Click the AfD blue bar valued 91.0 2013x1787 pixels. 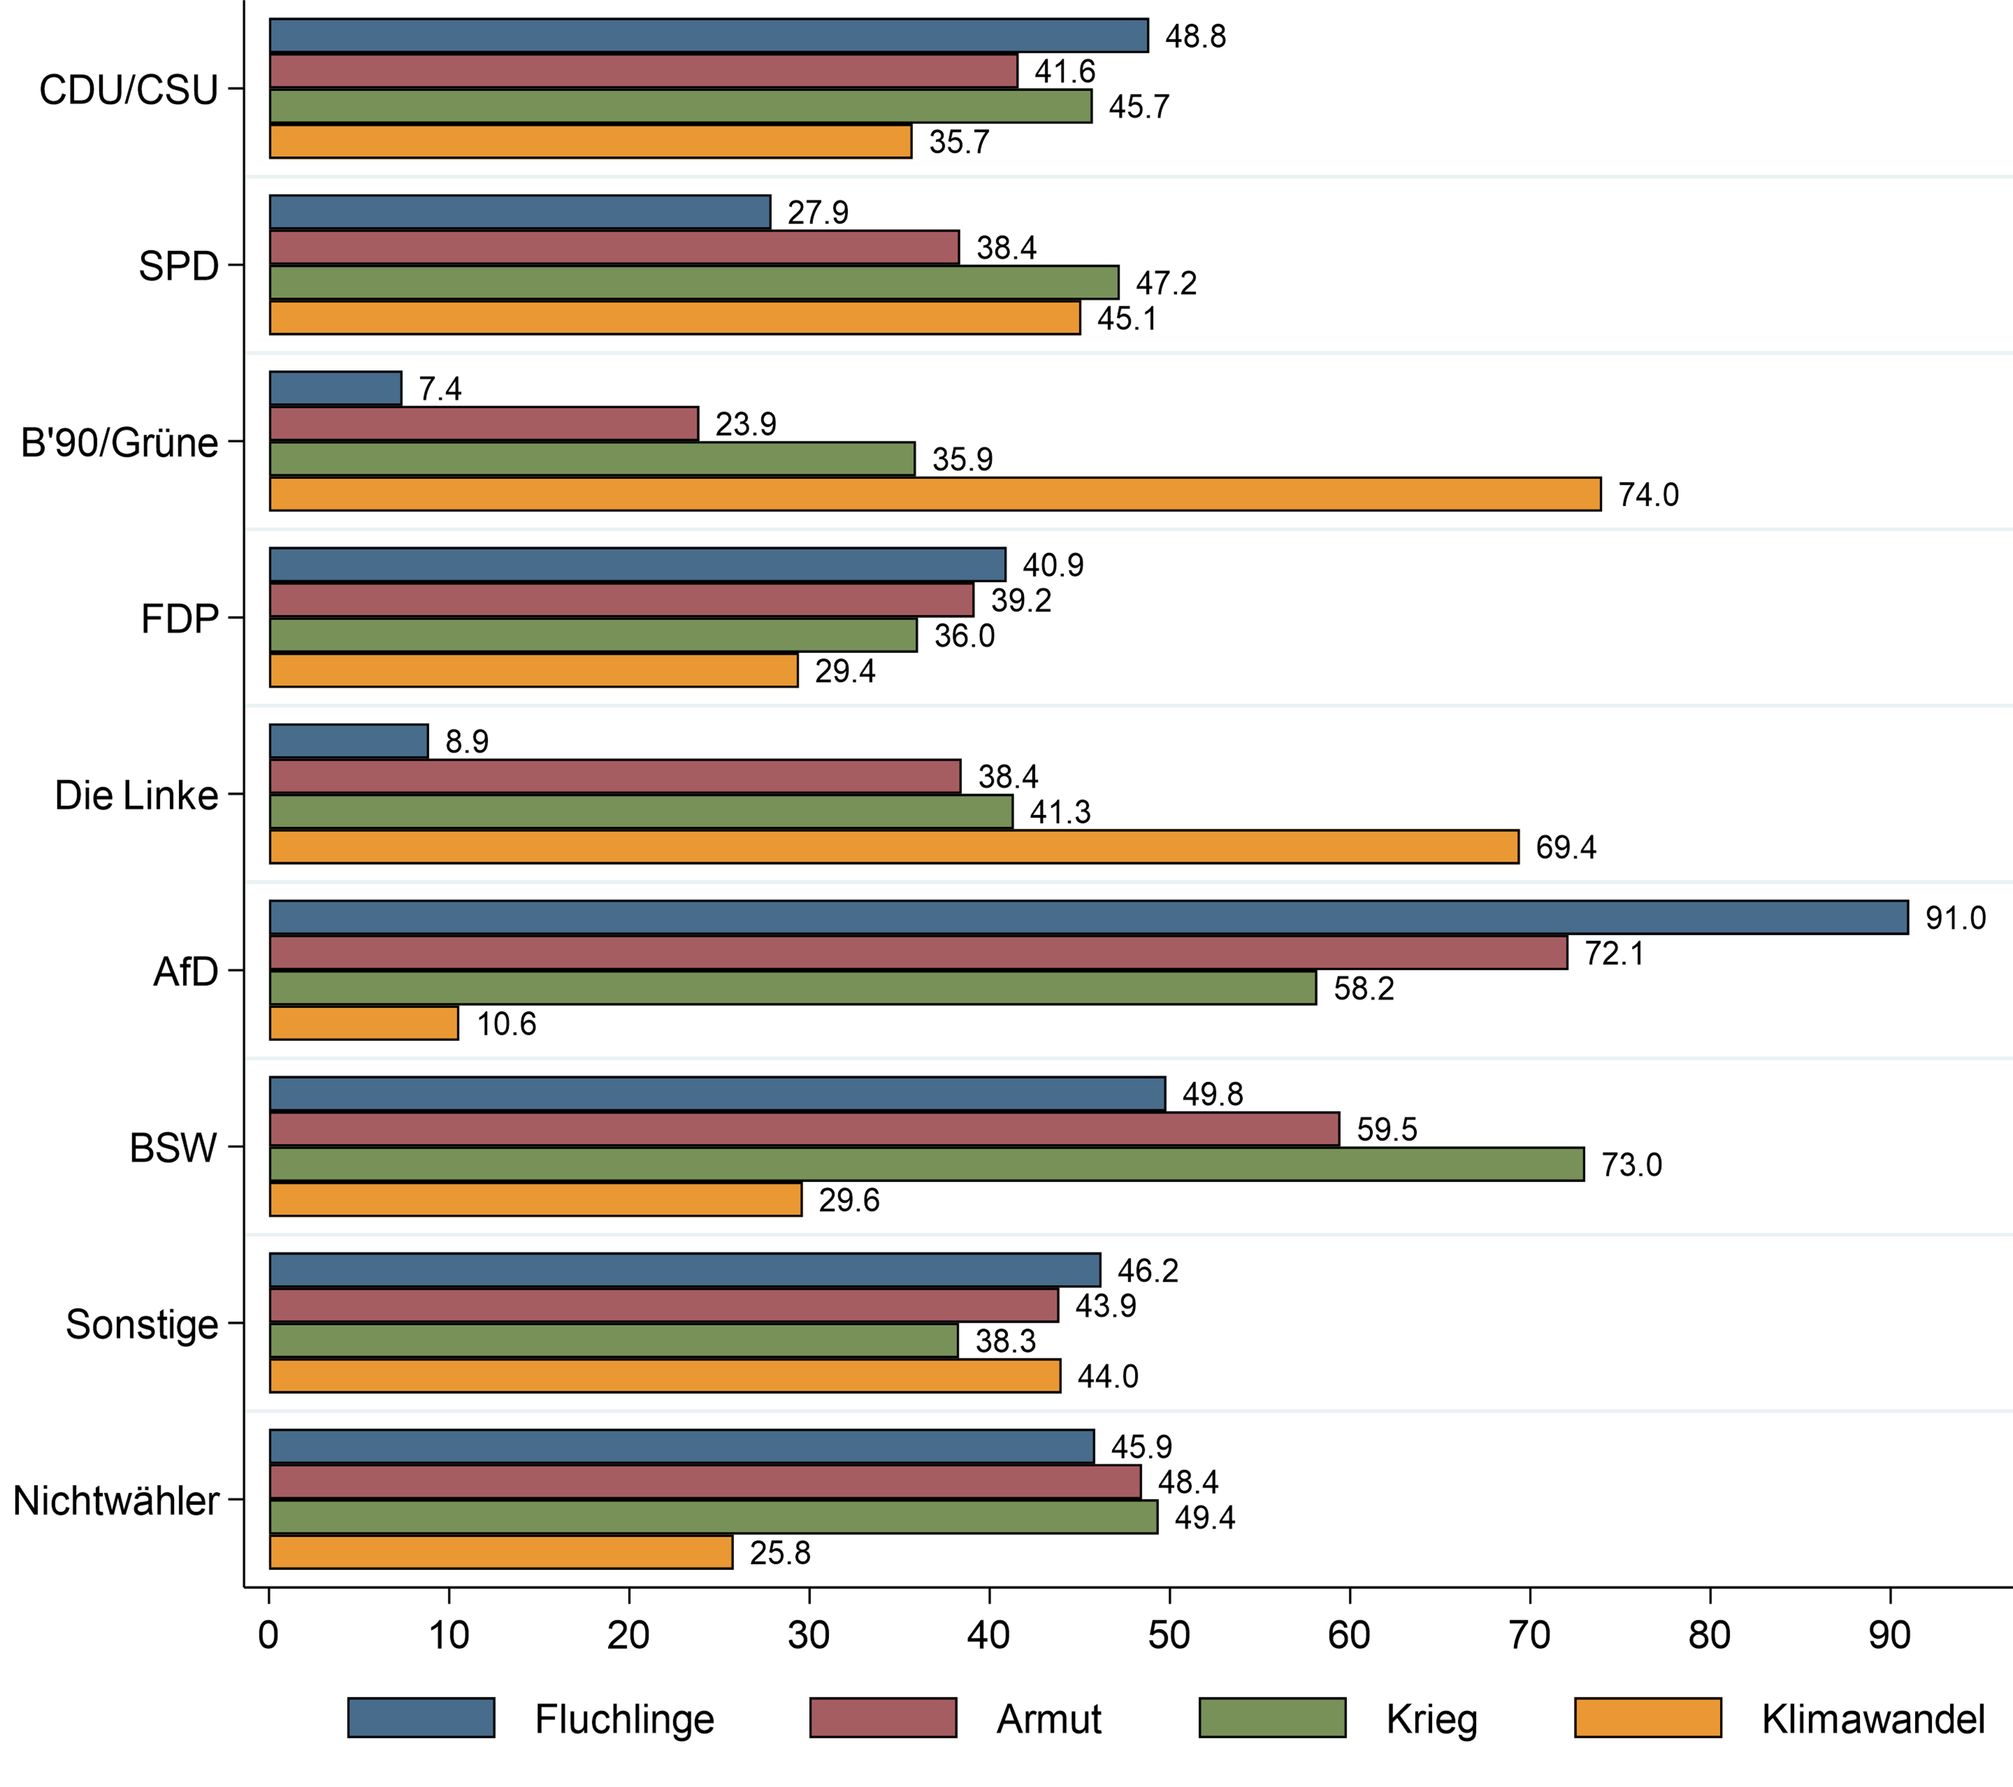(1088, 917)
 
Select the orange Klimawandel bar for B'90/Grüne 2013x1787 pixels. (935, 494)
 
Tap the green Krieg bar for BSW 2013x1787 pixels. (927, 1164)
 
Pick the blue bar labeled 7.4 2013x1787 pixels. (336, 388)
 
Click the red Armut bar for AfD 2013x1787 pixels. (918, 952)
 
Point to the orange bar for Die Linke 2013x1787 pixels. (894, 847)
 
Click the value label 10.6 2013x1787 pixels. (506, 1024)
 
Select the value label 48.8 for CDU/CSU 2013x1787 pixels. (1196, 36)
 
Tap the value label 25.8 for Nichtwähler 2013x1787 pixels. (780, 1552)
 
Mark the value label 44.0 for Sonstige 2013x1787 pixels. (1108, 1376)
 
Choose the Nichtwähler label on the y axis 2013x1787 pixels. (116, 1500)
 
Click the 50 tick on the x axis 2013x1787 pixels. (1169, 1635)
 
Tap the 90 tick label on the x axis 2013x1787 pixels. (1889, 1635)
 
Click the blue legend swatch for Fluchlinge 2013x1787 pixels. (421, 1718)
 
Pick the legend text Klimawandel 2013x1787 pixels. (1872, 1719)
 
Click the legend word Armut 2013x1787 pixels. (1049, 1719)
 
